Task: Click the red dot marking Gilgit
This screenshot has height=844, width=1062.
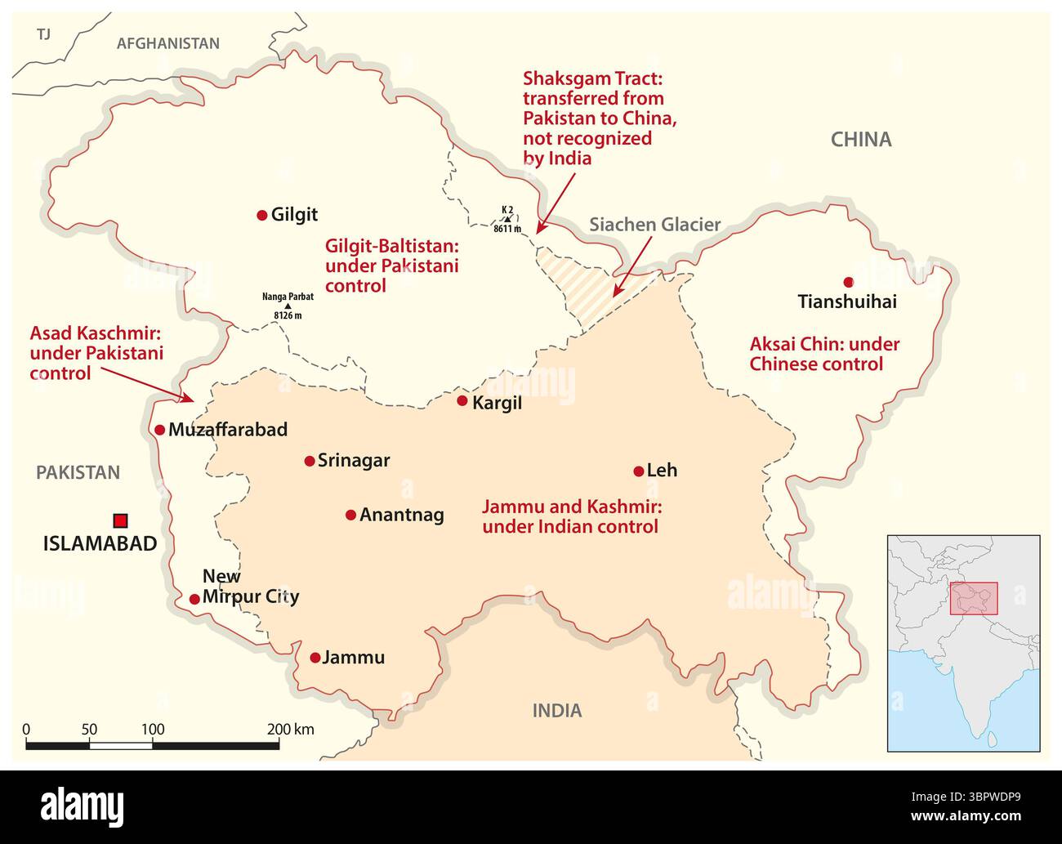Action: tap(261, 215)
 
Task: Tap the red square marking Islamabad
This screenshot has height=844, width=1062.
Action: tap(121, 520)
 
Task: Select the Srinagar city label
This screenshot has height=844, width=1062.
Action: tap(353, 460)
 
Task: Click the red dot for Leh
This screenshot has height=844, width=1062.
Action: tap(639, 471)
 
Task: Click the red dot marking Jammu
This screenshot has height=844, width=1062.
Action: tap(315, 658)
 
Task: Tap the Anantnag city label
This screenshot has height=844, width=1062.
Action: tap(401, 515)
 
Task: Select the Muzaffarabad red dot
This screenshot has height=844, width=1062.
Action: tap(159, 430)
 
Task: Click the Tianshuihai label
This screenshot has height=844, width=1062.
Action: tap(847, 301)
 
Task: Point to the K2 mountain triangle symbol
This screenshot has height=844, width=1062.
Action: tap(506, 219)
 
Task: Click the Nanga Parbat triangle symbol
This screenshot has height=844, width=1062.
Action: tap(288, 306)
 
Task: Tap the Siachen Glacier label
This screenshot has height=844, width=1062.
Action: tap(655, 225)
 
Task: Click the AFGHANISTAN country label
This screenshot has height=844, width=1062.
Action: tap(168, 43)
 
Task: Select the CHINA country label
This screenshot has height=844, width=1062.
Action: tap(861, 140)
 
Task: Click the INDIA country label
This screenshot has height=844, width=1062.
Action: tap(557, 710)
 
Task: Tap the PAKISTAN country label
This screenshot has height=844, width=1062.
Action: tap(78, 472)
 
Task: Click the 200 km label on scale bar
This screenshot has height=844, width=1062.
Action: tap(291, 730)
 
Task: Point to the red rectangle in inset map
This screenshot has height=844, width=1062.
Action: tap(974, 599)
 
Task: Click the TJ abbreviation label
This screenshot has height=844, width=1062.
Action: tap(43, 33)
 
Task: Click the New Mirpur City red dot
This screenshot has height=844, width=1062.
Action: tap(194, 599)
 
